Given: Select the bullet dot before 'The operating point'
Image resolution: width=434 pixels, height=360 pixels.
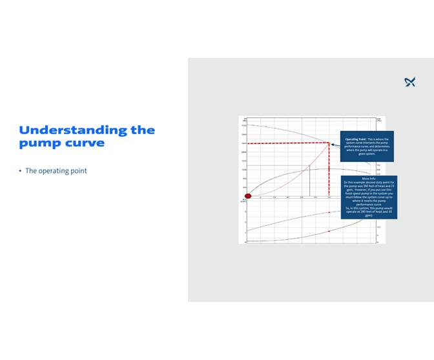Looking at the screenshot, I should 20,171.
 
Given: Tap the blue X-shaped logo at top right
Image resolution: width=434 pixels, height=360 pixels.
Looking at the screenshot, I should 409,82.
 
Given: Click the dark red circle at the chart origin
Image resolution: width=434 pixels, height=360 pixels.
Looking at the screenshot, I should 247,195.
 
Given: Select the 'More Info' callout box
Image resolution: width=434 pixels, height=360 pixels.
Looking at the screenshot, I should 369,197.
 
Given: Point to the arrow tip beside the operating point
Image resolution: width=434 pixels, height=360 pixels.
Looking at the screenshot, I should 332,144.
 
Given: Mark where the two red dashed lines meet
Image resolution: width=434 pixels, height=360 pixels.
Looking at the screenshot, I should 329,143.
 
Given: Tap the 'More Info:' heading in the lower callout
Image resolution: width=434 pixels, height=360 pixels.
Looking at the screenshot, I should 369,179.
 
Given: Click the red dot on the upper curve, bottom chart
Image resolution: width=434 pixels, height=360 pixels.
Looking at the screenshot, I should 329,212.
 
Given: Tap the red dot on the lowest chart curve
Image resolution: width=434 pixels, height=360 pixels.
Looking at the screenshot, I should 329,231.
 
